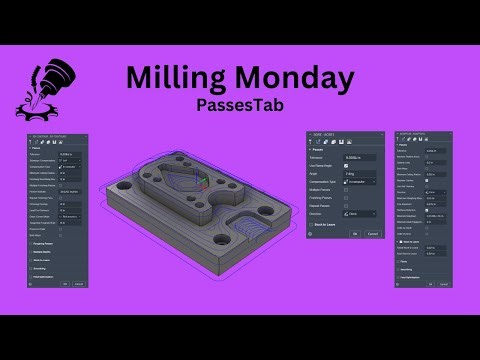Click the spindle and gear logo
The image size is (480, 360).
pyautogui.click(x=40, y=88)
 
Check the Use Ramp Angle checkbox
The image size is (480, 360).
pyautogui.click(x=347, y=164)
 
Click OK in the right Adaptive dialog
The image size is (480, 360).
pyautogui.click(x=420, y=284)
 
